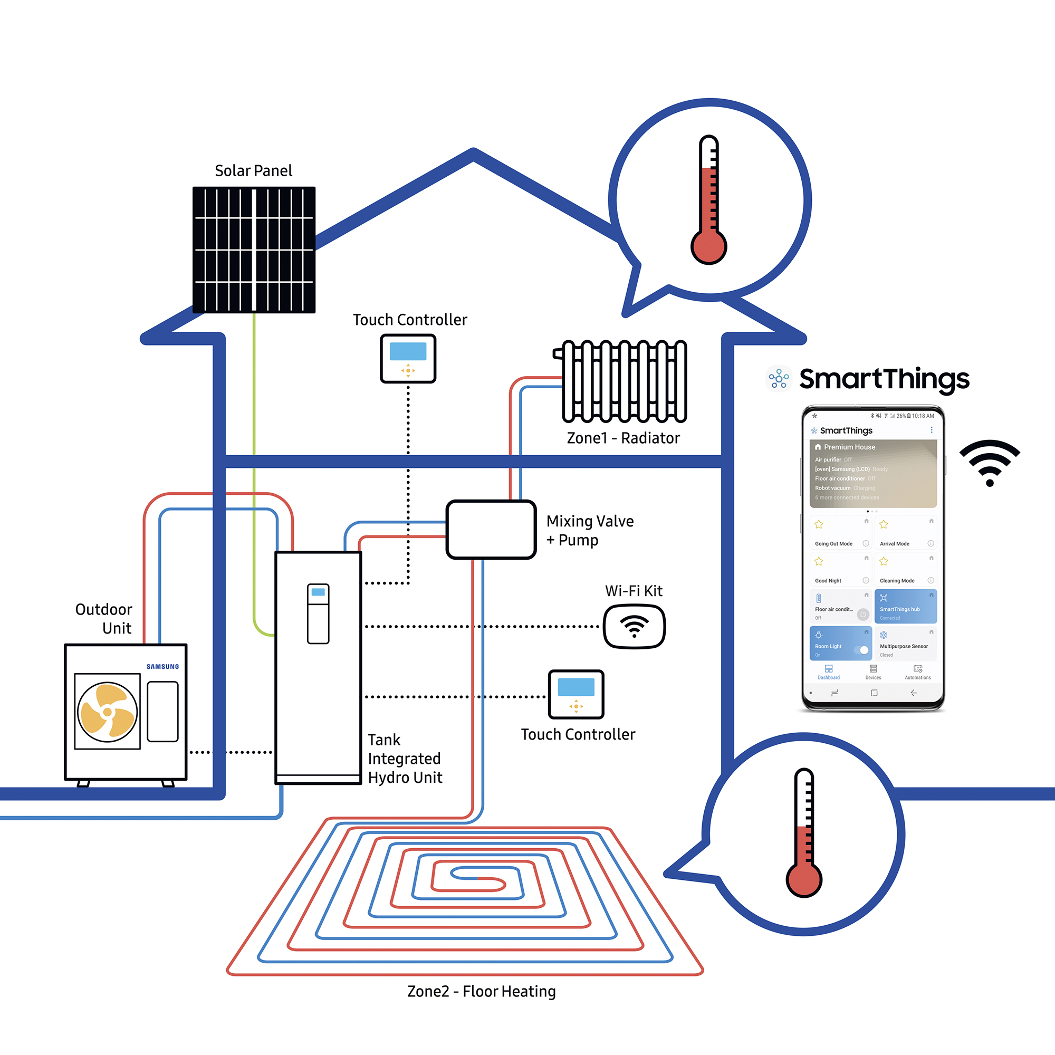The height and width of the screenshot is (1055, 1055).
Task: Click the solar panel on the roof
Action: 254,250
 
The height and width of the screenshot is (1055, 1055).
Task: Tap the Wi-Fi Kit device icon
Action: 634,626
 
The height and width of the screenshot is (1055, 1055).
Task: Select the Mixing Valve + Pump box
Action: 491,530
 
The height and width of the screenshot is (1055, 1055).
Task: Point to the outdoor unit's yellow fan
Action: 108,712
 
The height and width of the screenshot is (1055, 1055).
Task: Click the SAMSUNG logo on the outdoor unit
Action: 162,667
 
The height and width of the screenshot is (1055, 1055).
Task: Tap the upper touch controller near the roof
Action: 408,358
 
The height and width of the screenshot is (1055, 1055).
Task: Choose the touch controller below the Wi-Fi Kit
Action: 576,694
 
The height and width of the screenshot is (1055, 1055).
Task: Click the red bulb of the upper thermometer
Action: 709,247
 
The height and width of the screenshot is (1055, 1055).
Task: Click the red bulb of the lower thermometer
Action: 804,879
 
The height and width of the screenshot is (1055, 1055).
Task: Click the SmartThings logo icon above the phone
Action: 779,378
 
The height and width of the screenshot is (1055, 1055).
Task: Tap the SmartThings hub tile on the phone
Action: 905,606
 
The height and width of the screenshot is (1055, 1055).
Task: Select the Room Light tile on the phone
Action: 840,643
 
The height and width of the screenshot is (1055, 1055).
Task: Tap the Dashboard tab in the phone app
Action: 828,672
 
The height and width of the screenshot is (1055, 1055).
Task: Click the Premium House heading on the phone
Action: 849,447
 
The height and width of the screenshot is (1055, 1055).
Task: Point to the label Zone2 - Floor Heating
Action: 481,991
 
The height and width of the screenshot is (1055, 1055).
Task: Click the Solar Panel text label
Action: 253,171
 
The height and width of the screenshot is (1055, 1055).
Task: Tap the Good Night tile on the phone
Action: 840,570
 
